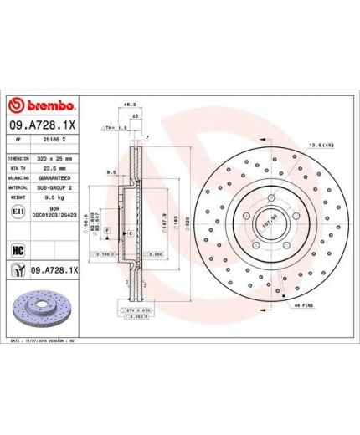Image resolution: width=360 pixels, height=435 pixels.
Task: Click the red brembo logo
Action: (42, 106)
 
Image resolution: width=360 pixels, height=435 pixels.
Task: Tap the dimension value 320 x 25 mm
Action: (56, 158)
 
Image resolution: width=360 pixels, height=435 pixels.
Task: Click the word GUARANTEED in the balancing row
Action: (56, 178)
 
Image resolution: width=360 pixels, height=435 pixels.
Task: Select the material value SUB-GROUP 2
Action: (56, 188)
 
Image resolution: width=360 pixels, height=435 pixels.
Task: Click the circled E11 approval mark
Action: (18, 214)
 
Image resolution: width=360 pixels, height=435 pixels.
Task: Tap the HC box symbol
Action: (18, 248)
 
